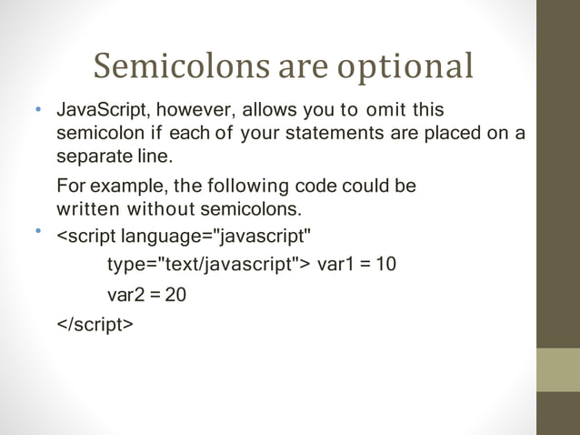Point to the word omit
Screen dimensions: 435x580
385,111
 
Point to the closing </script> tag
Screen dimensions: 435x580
95,323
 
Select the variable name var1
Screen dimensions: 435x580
335,265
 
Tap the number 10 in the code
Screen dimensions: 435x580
386,265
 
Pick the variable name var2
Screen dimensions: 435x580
125,295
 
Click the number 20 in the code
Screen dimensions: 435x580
175,295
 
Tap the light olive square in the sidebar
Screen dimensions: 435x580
557,369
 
